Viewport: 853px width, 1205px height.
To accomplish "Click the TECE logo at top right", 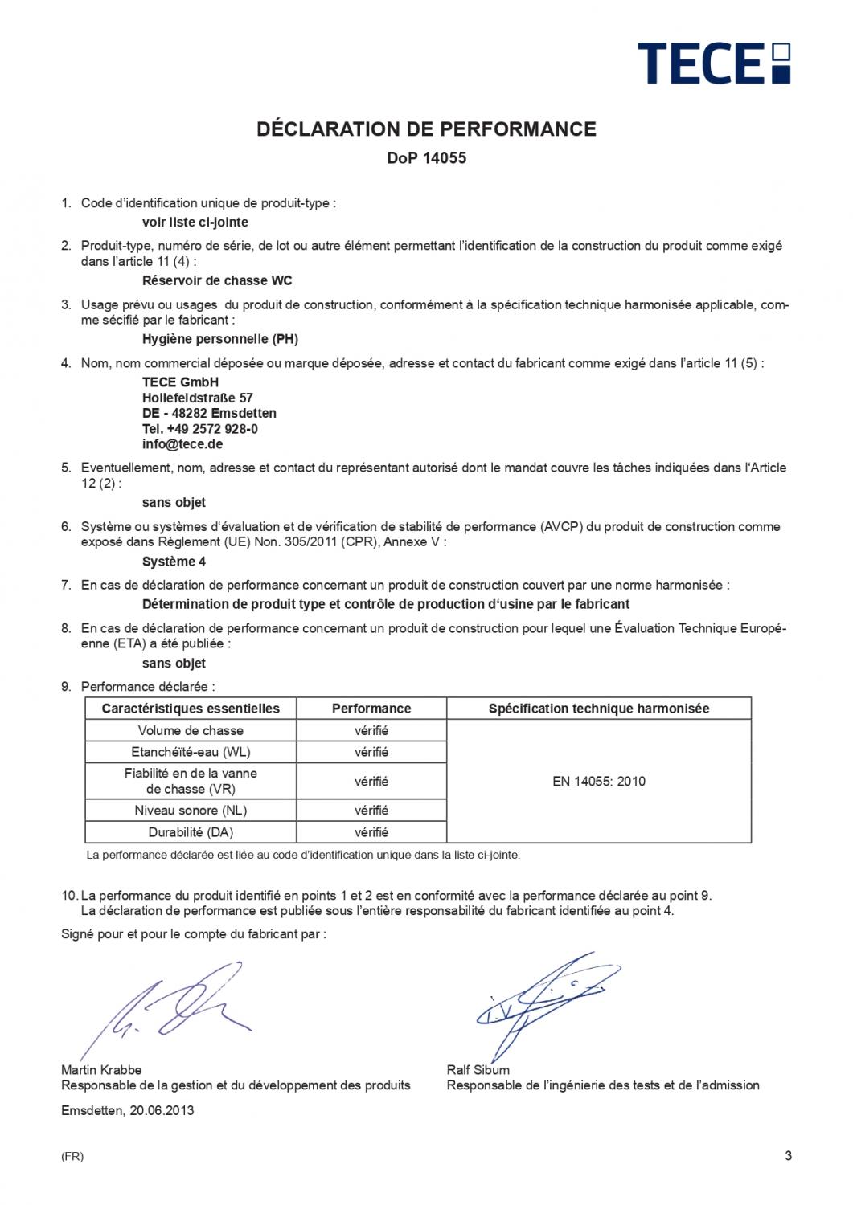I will [x=713, y=63].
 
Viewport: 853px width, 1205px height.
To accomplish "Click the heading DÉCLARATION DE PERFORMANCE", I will [x=426, y=129].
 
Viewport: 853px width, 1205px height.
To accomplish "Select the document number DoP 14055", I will [x=426, y=158].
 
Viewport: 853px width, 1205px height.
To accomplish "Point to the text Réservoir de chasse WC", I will [x=217, y=281].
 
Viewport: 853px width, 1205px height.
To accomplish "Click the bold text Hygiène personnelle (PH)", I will [x=219, y=339].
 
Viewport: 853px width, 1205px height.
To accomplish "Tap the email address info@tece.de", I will [x=182, y=444].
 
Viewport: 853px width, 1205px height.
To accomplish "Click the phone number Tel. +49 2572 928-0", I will [x=200, y=429].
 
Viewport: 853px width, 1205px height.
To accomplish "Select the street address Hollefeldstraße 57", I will [x=198, y=398].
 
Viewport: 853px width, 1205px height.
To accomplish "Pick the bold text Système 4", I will [x=174, y=562].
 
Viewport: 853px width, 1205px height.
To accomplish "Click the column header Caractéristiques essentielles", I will [x=191, y=709].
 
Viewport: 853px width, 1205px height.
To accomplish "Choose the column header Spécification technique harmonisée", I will [x=599, y=709].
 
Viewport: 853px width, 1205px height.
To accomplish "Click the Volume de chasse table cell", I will [x=191, y=731].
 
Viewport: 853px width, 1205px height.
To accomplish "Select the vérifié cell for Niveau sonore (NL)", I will [x=371, y=811].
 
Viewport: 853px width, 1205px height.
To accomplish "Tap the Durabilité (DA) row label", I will [x=191, y=832].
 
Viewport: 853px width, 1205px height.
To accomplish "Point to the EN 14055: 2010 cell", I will [x=599, y=781].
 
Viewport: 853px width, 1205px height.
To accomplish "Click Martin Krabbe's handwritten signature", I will [x=169, y=1008].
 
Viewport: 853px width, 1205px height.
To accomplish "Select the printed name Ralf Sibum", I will [x=478, y=1070].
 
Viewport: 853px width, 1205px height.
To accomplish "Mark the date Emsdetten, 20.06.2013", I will [x=127, y=1111].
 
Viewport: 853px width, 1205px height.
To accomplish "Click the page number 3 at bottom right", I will [x=788, y=1156].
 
